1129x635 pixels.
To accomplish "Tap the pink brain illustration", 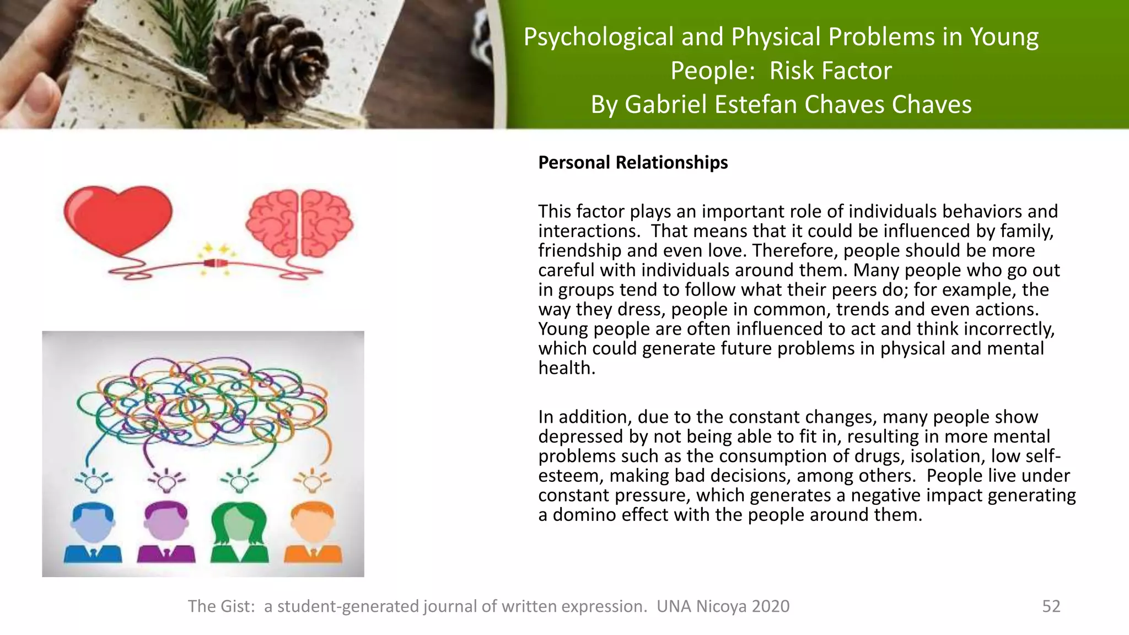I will pyautogui.click(x=299, y=223).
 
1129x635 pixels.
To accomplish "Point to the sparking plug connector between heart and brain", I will pyautogui.click(x=216, y=263).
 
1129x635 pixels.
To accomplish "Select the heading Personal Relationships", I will pyautogui.click(x=633, y=163).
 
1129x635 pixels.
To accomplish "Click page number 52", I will pyautogui.click(x=1051, y=606).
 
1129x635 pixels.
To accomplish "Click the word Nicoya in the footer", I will pyautogui.click(x=721, y=606).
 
